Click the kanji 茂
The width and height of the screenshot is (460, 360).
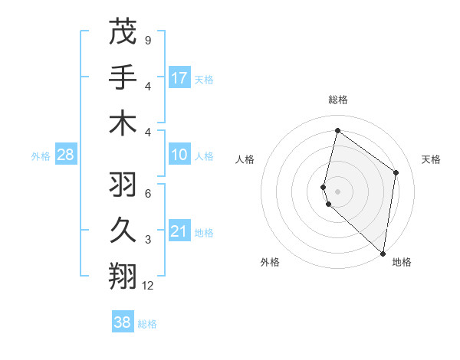pyautogui.click(x=123, y=31)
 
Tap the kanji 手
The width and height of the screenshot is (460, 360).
pyautogui.click(x=123, y=77)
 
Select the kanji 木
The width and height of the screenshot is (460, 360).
pyautogui.click(x=123, y=122)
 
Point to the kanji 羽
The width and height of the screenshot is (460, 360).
pyautogui.click(x=123, y=185)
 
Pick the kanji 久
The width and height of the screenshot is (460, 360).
pyautogui.click(x=123, y=231)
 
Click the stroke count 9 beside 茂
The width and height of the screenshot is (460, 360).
pyautogui.click(x=147, y=40)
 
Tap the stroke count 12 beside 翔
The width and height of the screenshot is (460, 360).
pyautogui.click(x=148, y=286)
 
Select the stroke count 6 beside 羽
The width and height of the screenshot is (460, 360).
pyautogui.click(x=147, y=194)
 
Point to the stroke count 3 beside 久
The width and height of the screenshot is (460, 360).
pyautogui.click(x=147, y=240)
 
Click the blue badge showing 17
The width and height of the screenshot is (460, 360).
pyautogui.click(x=179, y=77)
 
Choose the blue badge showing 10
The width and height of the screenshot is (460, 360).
pyautogui.click(x=179, y=155)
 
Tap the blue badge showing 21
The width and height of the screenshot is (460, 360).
pyautogui.click(x=179, y=231)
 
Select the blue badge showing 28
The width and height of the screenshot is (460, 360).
pyautogui.click(x=66, y=155)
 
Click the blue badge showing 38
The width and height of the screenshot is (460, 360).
pyautogui.click(x=122, y=322)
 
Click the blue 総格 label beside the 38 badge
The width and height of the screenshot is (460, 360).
pyautogui.click(x=147, y=324)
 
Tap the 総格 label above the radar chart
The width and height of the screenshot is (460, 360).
pyautogui.click(x=338, y=100)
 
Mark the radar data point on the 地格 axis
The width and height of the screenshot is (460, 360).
pyautogui.click(x=383, y=254)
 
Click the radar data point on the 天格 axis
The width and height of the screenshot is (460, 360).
pyautogui.click(x=396, y=172)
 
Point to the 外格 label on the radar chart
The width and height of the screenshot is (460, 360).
pyautogui.click(x=270, y=262)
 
